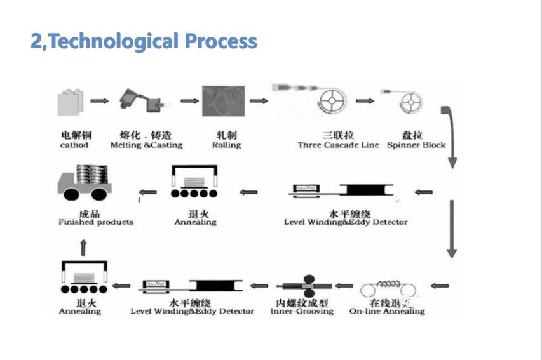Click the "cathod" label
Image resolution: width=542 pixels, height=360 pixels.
coord(74,145)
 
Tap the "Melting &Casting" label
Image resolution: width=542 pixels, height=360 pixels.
coord(146,145)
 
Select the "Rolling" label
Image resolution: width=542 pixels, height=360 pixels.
coord(226,145)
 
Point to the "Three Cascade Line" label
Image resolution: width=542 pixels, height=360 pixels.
coord(338,145)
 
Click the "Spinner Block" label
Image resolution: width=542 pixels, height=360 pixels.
coord(416,145)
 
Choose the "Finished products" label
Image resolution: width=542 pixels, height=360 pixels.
coord(96,222)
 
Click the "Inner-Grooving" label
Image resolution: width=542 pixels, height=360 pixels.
coord(302,311)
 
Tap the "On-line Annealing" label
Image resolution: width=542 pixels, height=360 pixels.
coord(387,311)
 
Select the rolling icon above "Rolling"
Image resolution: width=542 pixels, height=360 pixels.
coord(220,102)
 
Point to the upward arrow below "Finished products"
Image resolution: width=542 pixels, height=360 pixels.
coord(83,247)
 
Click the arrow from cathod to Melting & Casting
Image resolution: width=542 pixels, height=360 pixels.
coord(99,100)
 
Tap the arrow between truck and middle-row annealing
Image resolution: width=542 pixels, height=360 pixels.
coord(147,191)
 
